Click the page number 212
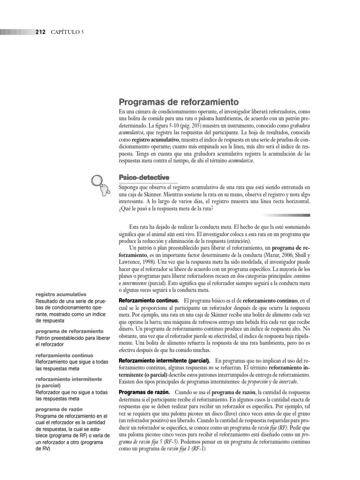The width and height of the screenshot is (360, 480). coord(40,32)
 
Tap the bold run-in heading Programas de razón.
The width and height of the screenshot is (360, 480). coord(143,391)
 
